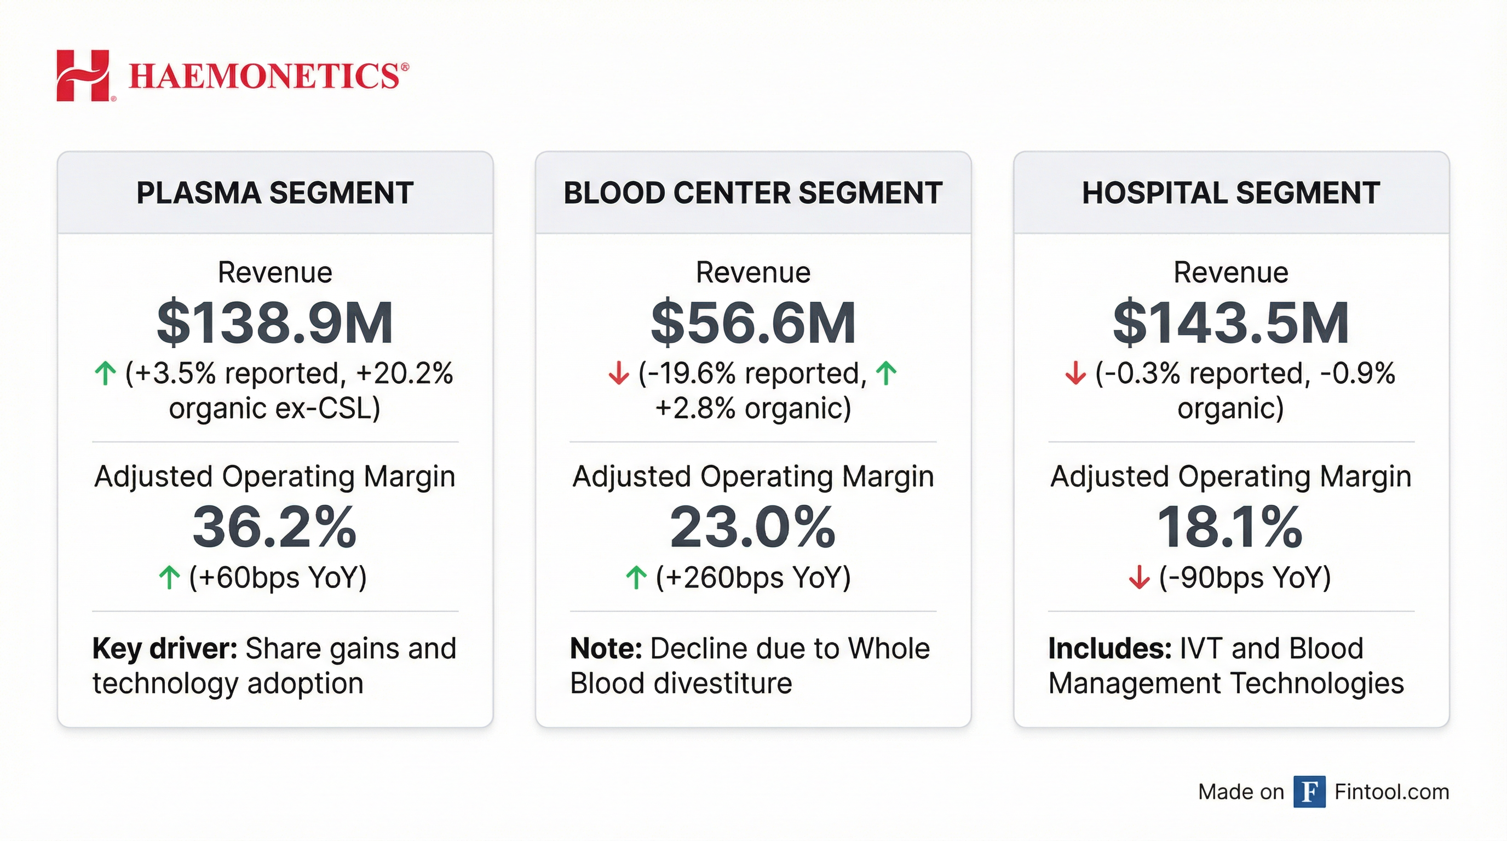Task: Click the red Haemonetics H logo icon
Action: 83,76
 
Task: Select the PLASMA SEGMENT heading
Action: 275,193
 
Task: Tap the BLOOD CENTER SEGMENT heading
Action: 753,193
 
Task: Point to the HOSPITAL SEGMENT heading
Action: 1231,193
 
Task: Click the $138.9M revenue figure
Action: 275,323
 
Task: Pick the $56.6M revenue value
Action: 753,323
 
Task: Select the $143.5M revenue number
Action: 1231,323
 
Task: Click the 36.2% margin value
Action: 275,527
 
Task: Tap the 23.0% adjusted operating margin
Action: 753,527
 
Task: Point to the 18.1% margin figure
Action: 1231,527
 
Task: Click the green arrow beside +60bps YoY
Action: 169,578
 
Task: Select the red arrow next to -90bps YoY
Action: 1138,578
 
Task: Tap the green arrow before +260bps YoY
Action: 636,578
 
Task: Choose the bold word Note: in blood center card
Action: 606,649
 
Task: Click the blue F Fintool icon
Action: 1309,792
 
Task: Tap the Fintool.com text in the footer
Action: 1392,792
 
